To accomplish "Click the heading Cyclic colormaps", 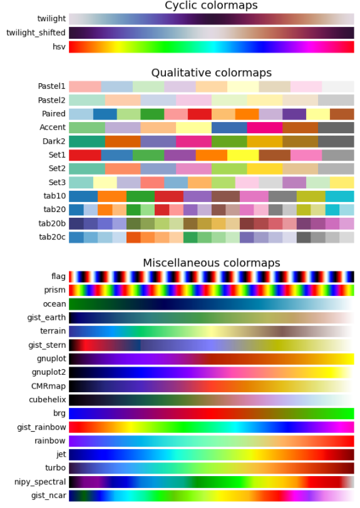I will coord(211,6).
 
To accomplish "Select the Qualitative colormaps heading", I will coord(211,73).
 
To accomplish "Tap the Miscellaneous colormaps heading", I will coord(211,263).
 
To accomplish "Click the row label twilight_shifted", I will coord(35,33).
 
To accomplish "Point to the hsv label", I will coord(57,47).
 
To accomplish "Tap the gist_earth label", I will coord(46,317).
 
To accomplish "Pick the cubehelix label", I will coord(46,399).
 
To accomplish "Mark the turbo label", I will coord(54,468).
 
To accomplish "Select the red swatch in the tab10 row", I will coord(168,196).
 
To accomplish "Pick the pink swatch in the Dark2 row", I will coord(193,141).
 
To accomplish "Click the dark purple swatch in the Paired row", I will coord(294,114).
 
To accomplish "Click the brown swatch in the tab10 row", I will coord(225,196).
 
